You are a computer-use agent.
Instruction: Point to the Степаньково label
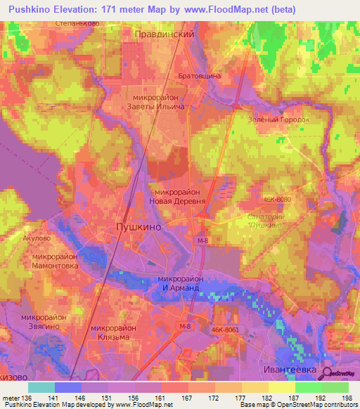[x=77, y=22]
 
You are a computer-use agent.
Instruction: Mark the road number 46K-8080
[x=276, y=200]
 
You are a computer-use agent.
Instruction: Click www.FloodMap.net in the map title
[x=228, y=10]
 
